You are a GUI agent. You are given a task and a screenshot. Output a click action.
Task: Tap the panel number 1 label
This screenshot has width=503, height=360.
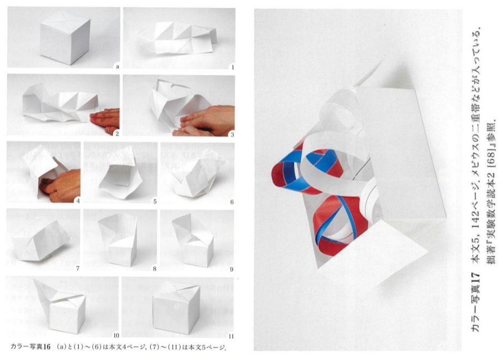point(232,67)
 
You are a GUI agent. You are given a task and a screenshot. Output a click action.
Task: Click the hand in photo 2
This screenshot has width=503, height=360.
point(105,121)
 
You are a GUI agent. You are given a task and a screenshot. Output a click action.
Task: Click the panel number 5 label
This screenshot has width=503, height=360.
point(155,202)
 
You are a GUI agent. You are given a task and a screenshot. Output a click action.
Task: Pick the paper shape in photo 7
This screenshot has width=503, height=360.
point(41,239)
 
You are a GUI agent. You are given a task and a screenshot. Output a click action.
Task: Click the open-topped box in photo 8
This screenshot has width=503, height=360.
point(119,240)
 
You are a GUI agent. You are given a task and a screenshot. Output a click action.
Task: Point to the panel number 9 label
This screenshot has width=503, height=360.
point(231,269)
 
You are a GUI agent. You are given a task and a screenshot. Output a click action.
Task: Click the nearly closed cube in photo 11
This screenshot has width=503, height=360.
point(176,308)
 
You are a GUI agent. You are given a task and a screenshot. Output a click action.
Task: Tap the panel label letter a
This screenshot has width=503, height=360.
point(117,67)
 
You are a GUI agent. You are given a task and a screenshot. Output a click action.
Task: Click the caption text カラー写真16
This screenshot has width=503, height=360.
point(31,347)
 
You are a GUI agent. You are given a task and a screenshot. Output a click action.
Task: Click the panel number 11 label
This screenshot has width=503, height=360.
point(231,336)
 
